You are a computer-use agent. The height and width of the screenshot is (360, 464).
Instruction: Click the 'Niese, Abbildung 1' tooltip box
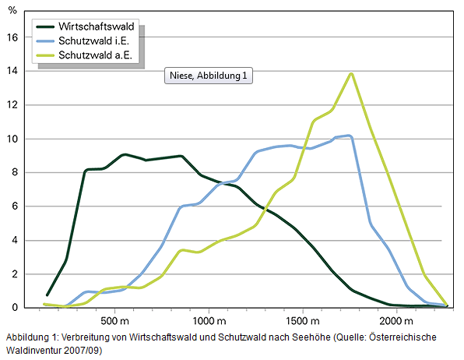point(209,76)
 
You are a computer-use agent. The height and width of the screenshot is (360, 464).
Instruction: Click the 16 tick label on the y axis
point(12,37)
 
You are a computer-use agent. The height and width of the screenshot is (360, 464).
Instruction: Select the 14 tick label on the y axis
point(12,71)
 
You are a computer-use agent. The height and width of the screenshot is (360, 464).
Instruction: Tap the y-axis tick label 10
point(12,139)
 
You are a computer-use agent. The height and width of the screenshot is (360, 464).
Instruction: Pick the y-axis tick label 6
point(14,206)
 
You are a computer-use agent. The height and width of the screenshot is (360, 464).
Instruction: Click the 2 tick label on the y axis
point(14,274)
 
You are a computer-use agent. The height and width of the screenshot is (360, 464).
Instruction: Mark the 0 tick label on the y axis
point(14,308)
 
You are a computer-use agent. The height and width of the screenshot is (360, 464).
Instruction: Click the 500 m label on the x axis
point(114,321)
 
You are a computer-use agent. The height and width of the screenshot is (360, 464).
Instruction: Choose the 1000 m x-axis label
point(208,321)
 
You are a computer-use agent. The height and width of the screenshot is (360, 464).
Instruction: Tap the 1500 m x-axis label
point(302,321)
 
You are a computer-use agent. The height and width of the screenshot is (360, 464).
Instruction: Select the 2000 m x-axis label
point(395,321)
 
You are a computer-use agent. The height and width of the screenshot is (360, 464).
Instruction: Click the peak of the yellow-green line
point(352,73)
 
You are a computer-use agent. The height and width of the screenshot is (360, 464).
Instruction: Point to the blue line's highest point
point(350,136)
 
